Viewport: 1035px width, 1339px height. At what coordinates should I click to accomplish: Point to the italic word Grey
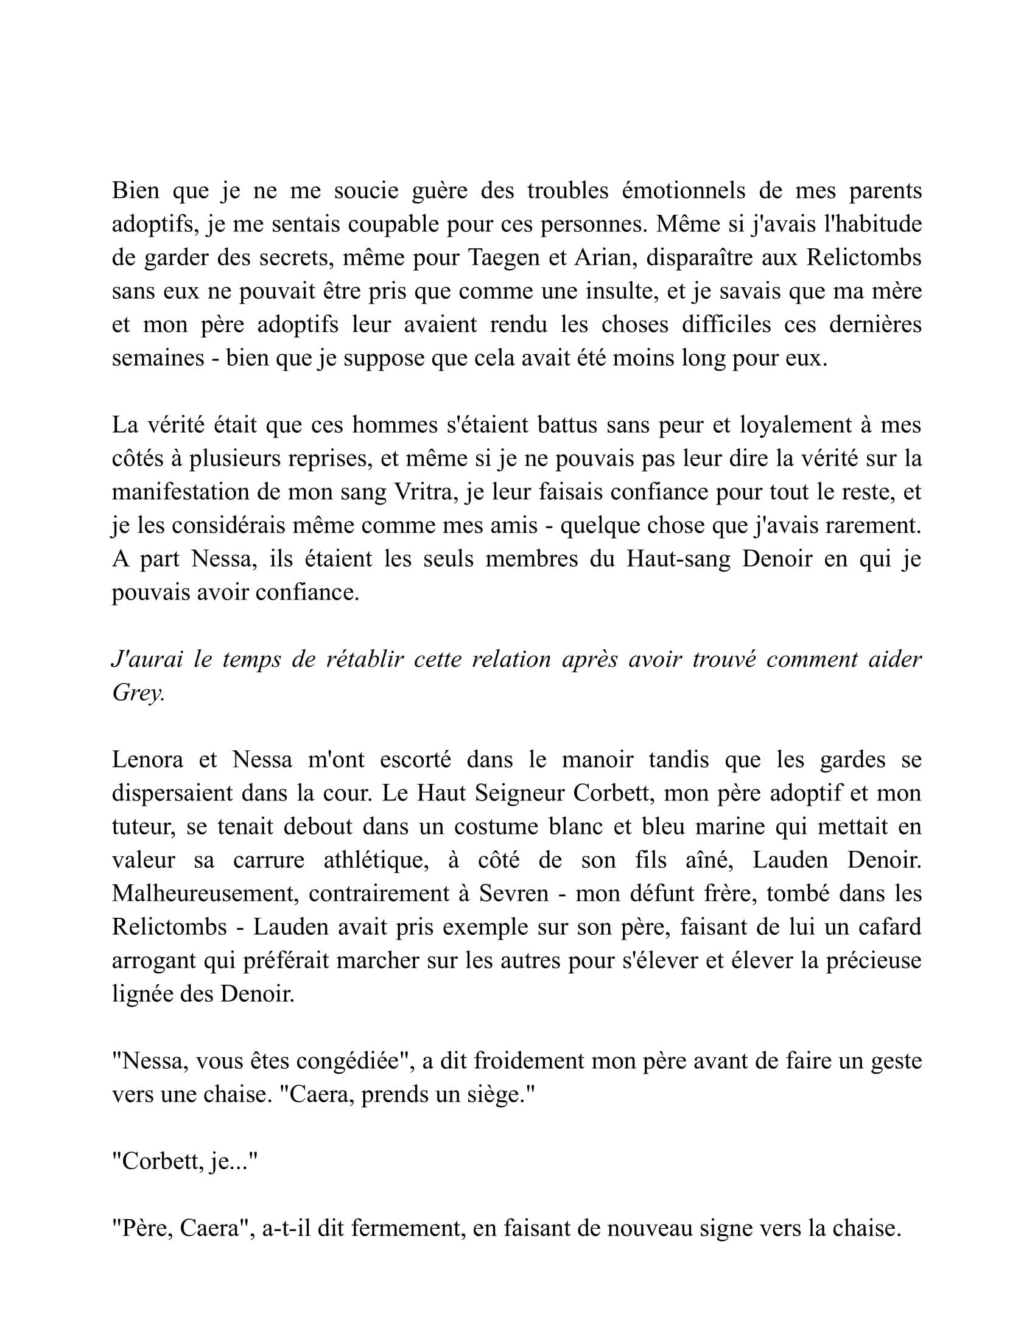(x=138, y=693)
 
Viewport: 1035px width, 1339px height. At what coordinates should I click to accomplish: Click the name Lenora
(x=147, y=760)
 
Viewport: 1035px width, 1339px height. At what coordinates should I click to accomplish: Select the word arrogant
(x=154, y=960)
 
